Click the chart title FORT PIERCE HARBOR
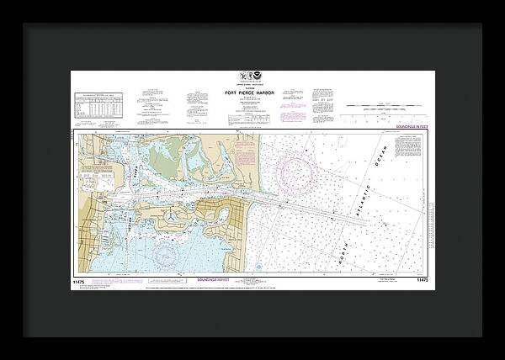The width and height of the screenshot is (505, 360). tap(252, 93)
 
